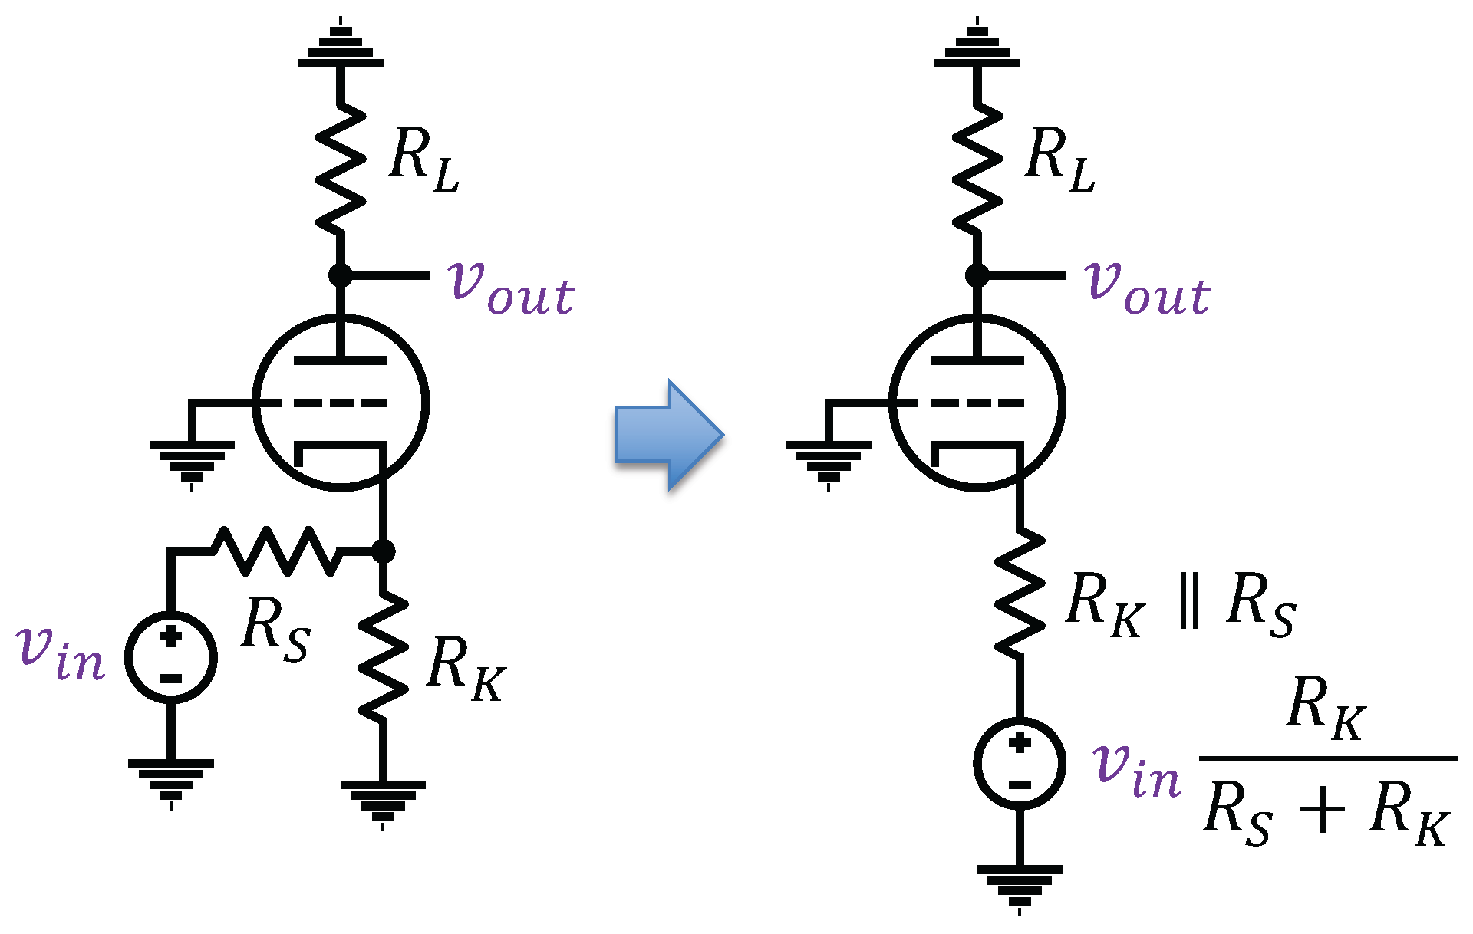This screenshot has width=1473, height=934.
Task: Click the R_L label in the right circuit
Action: [1059, 159]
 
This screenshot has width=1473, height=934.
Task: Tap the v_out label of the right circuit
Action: [1148, 288]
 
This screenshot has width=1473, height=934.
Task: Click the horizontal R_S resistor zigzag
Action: [276, 551]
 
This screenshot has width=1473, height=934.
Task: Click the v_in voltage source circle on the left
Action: [171, 657]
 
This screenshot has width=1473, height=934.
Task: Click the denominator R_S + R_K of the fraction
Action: [1326, 813]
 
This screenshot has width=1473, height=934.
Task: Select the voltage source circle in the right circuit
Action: [1020, 763]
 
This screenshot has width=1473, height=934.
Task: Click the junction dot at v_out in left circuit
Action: [340, 275]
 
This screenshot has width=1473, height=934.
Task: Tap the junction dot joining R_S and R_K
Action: [383, 551]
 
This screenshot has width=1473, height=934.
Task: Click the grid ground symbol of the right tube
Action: [829, 460]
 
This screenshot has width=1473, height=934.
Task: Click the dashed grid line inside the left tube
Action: [340, 403]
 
